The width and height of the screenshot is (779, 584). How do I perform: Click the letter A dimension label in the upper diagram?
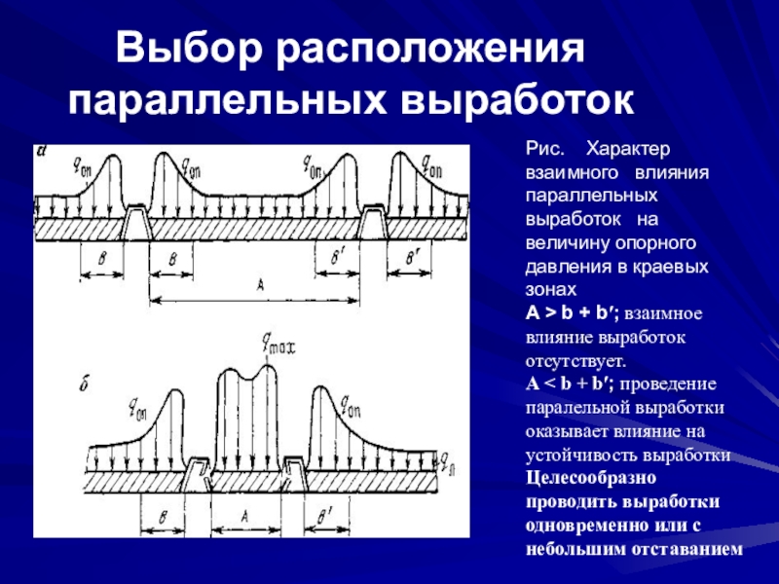pyautogui.click(x=260, y=283)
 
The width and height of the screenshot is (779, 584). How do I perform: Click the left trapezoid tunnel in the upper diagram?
pyautogui.click(x=136, y=227)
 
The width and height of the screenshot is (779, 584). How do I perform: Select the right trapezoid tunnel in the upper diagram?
pyautogui.click(x=374, y=224)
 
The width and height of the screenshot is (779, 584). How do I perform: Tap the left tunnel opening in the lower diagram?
pyautogui.click(x=201, y=472)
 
